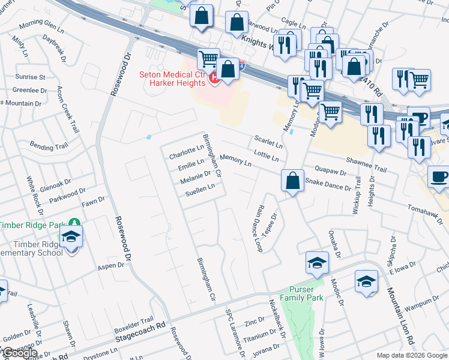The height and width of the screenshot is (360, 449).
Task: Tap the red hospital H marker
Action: click(212, 78)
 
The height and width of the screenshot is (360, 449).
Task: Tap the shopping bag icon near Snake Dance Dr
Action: click(292, 181)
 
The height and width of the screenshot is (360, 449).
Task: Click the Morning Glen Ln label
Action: click(41, 26)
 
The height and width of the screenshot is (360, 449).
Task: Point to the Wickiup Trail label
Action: click(357, 195)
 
